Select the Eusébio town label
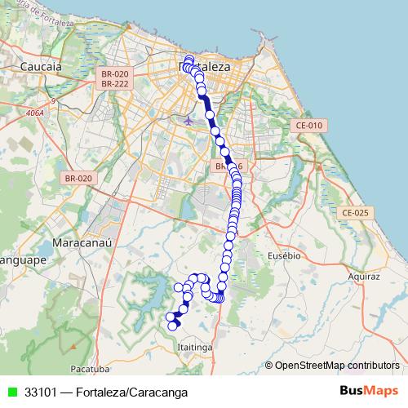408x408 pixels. coord(285,255)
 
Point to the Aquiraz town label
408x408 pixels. coord(364,277)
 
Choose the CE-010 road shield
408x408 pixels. coord(310,125)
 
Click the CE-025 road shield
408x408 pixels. coord(356,212)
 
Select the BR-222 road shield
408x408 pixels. coord(115,83)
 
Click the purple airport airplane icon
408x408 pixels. coord(189,120)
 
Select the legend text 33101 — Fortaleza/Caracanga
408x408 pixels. coord(106,392)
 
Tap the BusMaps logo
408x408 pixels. coord(370,391)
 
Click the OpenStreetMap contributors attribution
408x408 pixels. coord(331,366)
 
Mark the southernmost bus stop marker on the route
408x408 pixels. coord(173,326)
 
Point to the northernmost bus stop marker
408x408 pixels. coord(189,59)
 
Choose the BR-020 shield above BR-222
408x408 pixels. coord(115,73)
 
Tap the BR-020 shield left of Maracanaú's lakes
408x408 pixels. coord(81,177)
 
